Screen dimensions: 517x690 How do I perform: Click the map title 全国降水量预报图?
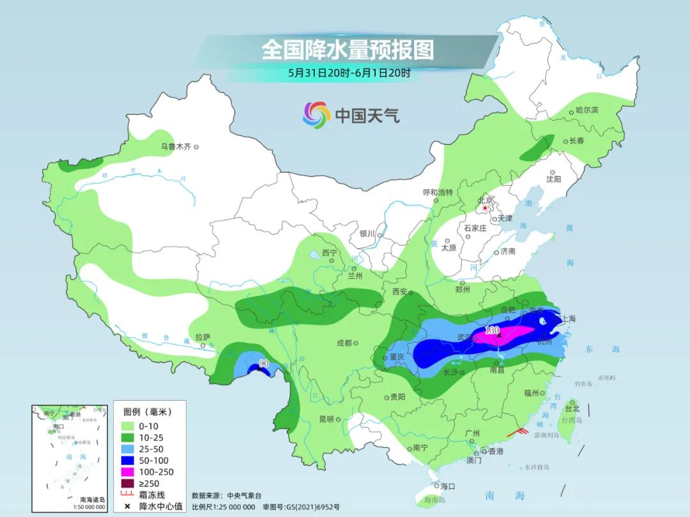348,49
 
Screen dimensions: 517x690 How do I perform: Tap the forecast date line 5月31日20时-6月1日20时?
349,73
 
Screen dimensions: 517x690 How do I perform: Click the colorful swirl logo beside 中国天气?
316,115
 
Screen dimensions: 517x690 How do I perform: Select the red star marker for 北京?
486,208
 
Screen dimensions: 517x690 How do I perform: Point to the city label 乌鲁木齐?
175,147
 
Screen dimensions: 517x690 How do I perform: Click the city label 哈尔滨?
586,110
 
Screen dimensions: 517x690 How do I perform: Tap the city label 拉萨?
203,338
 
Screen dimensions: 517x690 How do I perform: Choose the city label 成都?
344,343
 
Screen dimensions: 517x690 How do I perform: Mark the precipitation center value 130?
491,330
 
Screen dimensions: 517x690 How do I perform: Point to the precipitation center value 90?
263,364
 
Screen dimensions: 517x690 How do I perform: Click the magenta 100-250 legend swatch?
128,472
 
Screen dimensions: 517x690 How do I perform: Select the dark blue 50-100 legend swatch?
128,460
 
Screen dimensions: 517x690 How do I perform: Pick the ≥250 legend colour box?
128,483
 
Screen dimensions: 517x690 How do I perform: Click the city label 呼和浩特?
438,192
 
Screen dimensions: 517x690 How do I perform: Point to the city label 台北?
571,408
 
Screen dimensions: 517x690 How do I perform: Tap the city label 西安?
400,292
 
